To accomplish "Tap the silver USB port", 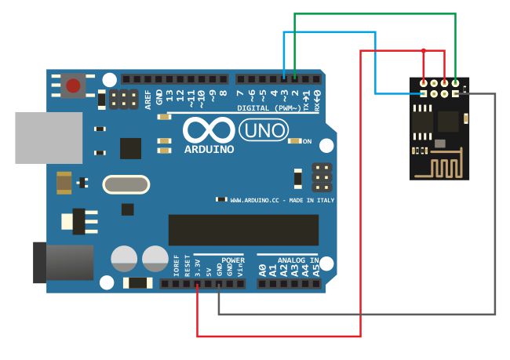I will pyautogui.click(x=48, y=137).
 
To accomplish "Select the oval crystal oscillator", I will pyautogui.click(x=125, y=185).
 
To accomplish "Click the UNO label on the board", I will pyautogui.click(x=262, y=130).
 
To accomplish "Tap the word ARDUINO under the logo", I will pyautogui.click(x=209, y=148).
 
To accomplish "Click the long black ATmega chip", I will pyautogui.click(x=243, y=230).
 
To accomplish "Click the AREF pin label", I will pyautogui.click(x=148, y=97).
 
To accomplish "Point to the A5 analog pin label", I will pyautogui.click(x=315, y=271).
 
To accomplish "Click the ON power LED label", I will pyautogui.click(x=307, y=142).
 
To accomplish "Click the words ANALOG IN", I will pyautogui.click(x=288, y=260).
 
